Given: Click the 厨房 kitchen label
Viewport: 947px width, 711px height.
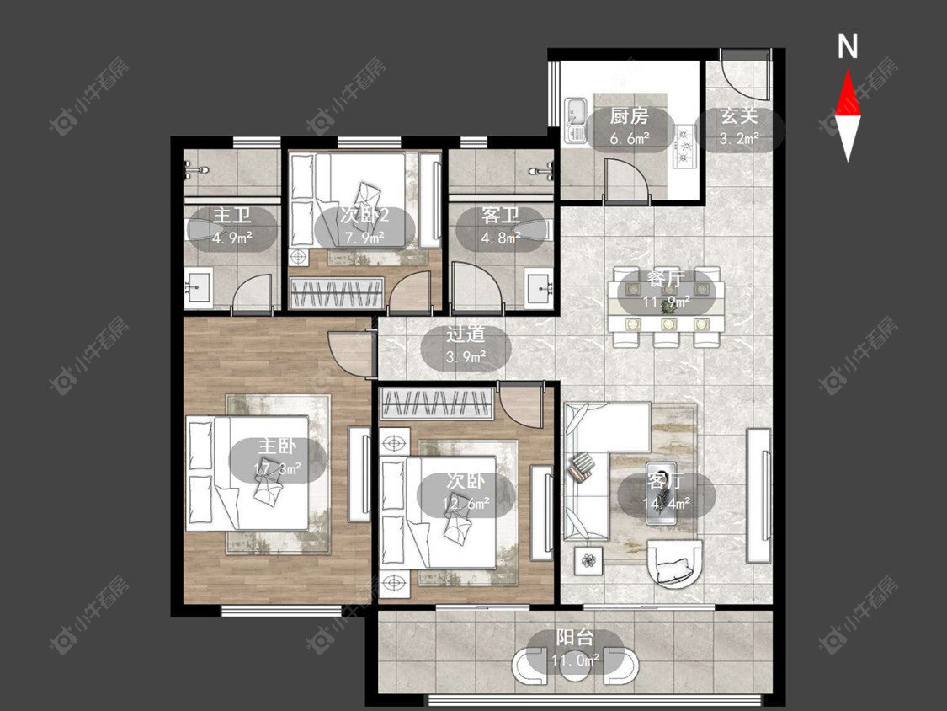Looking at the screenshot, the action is click(629, 115).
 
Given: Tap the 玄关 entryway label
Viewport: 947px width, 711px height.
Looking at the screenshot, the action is click(738, 116).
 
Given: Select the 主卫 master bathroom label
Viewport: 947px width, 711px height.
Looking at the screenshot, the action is click(232, 215).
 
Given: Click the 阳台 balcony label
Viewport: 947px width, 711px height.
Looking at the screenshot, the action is click(574, 637).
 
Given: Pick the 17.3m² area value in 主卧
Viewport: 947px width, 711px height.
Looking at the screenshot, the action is click(278, 468).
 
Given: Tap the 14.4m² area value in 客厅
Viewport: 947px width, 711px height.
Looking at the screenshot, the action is click(666, 502).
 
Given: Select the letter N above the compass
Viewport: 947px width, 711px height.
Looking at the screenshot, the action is click(848, 46).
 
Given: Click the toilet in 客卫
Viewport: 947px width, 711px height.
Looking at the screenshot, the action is click(532, 230).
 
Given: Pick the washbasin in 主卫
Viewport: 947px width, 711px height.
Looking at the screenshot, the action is click(198, 287).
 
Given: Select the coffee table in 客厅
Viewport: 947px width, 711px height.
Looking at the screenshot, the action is click(662, 494).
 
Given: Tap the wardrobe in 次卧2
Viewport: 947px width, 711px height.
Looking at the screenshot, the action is click(337, 293).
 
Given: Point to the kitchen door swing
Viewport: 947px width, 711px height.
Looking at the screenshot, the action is click(627, 179).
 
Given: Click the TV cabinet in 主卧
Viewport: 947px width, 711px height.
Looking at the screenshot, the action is click(359, 474).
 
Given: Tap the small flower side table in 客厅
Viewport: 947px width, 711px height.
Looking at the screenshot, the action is click(588, 561).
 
